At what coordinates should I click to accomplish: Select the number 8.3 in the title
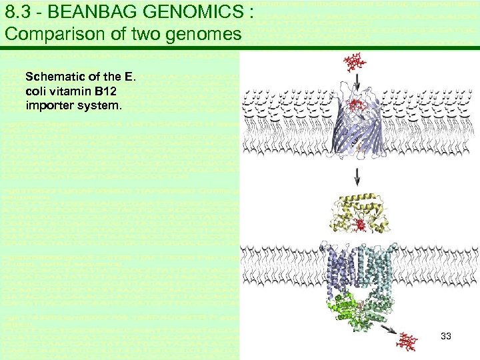[x=17, y=12]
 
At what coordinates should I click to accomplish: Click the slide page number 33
[x=446, y=337]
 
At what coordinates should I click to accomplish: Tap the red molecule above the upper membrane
[x=355, y=64]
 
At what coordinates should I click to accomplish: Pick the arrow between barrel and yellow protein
[x=357, y=177]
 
